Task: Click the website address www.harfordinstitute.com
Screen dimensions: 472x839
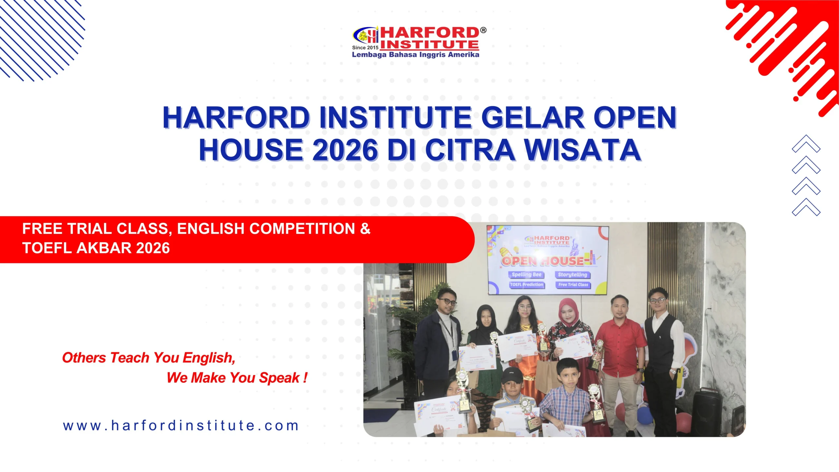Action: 181,425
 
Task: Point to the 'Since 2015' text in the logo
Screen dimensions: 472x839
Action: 365,48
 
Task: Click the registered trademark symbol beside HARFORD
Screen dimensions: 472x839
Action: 483,30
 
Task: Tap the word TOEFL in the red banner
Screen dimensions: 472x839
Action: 47,248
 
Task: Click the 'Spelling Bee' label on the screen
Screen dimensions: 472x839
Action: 527,275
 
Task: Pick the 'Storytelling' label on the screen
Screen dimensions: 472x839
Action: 573,275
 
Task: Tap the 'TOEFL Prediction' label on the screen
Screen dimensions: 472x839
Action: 527,285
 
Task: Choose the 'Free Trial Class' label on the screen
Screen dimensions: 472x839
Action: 573,285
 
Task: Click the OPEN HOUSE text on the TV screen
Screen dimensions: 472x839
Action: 542,261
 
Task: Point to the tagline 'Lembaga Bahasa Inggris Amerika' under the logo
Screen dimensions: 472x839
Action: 415,55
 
